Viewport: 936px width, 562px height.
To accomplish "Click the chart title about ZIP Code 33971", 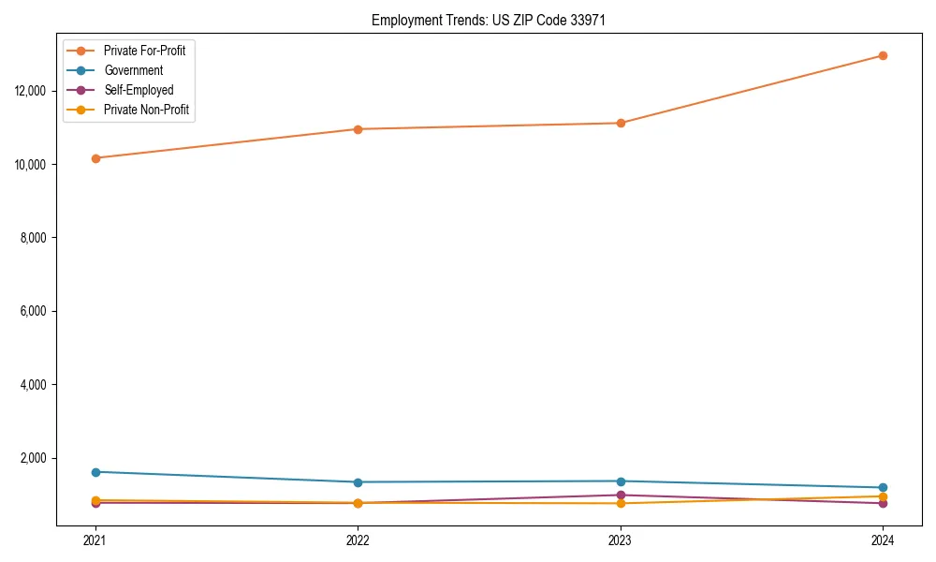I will pyautogui.click(x=489, y=20).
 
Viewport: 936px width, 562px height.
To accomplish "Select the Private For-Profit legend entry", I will pyautogui.click(x=144, y=51).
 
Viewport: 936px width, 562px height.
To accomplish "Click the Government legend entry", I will pyautogui.click(x=133, y=70).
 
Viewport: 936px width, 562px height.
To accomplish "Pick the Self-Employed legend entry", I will pyautogui.click(x=139, y=90).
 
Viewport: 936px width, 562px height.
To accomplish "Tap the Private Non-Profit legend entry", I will pyautogui.click(x=146, y=110).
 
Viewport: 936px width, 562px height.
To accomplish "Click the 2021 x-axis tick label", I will pyautogui.click(x=95, y=540).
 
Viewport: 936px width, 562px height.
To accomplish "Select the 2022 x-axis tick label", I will pyautogui.click(x=358, y=540).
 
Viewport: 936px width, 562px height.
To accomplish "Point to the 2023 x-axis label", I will pyautogui.click(x=620, y=540).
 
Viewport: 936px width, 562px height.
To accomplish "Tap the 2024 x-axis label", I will pyautogui.click(x=883, y=540).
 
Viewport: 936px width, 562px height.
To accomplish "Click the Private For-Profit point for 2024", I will pyautogui.click(x=883, y=55).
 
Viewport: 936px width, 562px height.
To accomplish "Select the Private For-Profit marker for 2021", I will pyautogui.click(x=95, y=158).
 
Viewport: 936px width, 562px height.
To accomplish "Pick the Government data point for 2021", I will pyautogui.click(x=95, y=472).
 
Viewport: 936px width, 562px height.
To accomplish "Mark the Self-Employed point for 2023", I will pyautogui.click(x=621, y=495).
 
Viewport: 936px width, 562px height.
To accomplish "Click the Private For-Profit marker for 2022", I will pyautogui.click(x=358, y=129).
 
